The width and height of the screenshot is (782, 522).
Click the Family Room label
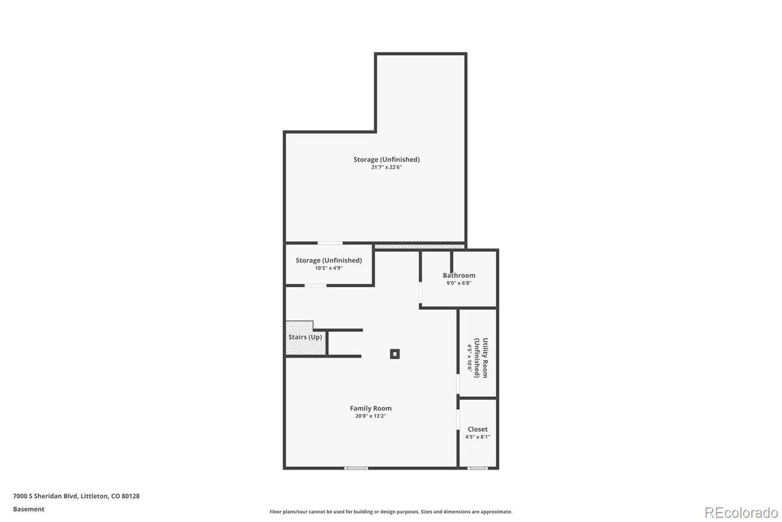[x=370, y=408]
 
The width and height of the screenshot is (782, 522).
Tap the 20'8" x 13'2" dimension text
[x=370, y=416]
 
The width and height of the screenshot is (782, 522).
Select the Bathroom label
[x=458, y=275]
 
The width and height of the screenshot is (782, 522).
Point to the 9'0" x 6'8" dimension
[x=458, y=283]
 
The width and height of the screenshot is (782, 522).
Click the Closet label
[x=478, y=429]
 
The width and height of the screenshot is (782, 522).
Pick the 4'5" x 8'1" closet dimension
[x=478, y=437]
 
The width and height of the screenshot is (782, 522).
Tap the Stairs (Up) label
[x=305, y=337]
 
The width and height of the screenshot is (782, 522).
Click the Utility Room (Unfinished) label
[x=480, y=358]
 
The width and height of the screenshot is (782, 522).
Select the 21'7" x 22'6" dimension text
[x=386, y=167]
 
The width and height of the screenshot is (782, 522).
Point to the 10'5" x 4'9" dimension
[x=329, y=268]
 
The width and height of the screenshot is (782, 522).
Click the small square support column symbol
[x=395, y=354]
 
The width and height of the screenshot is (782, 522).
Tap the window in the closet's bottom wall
[x=477, y=468]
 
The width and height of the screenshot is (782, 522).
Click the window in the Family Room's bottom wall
[x=356, y=468]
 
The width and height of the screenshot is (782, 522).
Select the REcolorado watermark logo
[x=741, y=513]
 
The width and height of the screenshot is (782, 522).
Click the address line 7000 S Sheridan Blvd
[x=76, y=496]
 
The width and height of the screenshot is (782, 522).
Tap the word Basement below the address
[x=29, y=509]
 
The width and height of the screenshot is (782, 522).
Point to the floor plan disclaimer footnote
[x=390, y=512]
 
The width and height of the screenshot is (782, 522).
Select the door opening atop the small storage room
[x=330, y=243]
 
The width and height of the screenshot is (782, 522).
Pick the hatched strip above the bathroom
[x=420, y=247]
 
